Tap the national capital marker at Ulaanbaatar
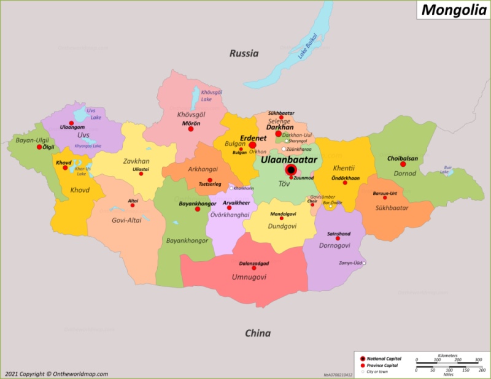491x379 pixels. click(x=292, y=170)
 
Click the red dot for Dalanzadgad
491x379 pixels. click(x=254, y=268)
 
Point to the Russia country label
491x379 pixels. click(x=244, y=53)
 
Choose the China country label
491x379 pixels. click(x=258, y=333)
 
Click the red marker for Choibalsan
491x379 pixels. click(x=403, y=164)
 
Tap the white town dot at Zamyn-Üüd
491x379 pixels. click(x=364, y=263)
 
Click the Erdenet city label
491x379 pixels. click(x=252, y=139)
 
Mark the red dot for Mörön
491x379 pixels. click(x=191, y=129)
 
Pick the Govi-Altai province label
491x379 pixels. click(x=127, y=220)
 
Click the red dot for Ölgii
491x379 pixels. click(x=39, y=147)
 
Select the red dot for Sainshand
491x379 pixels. click(x=338, y=239)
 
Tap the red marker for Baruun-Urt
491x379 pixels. click(x=385, y=197)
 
